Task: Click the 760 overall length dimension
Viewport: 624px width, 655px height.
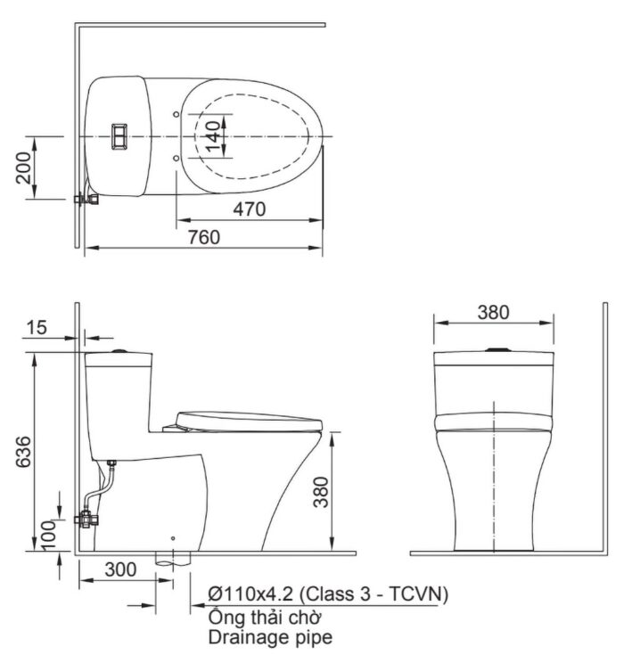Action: tap(203, 237)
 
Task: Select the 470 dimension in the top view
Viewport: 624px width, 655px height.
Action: tap(249, 209)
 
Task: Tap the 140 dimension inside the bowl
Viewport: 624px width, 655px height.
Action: tap(212, 137)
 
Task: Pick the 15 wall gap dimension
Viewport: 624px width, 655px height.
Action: tap(37, 328)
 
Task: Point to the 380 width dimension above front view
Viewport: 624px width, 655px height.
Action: tap(492, 312)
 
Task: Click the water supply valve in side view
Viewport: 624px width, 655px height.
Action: tap(90, 516)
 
